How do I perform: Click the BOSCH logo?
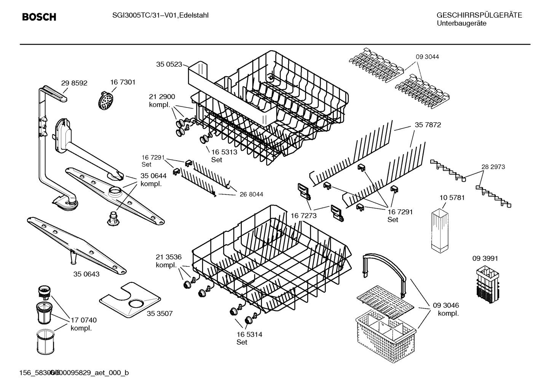point(39,17)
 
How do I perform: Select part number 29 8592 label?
point(74,83)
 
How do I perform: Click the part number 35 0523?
point(169,64)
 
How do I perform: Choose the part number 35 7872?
point(428,125)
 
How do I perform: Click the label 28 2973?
point(493,167)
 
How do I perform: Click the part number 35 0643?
point(86,274)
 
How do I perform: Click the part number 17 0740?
point(84,320)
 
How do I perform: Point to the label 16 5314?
point(249,334)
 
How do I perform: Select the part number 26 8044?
point(251,194)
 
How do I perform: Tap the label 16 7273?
point(303,216)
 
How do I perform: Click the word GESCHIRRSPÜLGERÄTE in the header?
point(479,16)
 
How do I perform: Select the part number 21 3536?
point(169,257)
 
